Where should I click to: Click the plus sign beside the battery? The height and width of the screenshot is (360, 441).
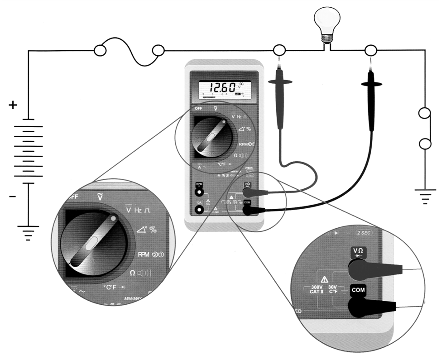click(x=13, y=106)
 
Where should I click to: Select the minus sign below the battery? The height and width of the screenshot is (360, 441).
click(x=13, y=197)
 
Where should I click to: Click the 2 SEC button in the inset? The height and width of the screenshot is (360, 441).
click(x=364, y=232)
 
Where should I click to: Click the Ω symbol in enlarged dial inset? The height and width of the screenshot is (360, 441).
click(x=133, y=273)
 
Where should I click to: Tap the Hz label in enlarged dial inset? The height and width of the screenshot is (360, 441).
click(x=139, y=210)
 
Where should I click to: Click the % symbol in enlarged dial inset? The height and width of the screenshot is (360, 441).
click(x=153, y=230)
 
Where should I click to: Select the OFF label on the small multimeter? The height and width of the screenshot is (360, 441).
click(x=198, y=109)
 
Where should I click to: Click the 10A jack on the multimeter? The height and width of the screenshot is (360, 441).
click(x=198, y=209)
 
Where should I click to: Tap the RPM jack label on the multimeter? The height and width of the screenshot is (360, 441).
click(x=198, y=185)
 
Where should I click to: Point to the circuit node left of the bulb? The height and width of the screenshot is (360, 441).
click(x=279, y=50)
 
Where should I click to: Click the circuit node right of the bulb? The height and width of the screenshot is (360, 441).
click(x=371, y=50)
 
